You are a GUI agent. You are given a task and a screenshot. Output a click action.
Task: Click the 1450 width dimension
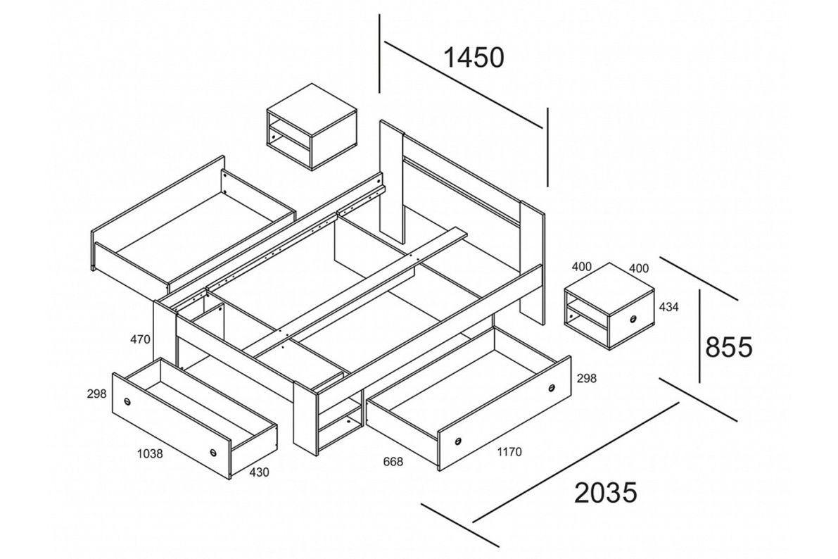coord(474,58)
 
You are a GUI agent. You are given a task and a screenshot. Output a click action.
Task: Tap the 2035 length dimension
coord(606,492)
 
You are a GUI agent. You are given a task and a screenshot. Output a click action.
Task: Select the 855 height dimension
coord(728,347)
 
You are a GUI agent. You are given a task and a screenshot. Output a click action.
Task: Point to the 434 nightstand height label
coord(668,307)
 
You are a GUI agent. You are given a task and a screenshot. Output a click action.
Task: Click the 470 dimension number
coord(140,339)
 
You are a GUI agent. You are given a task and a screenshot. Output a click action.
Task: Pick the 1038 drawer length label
coord(150,454)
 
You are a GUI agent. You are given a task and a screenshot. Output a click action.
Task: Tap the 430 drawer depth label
coord(259,472)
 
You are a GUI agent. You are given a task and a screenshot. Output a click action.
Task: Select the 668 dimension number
coord(393,461)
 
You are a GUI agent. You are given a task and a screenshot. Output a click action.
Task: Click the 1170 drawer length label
coord(509,452)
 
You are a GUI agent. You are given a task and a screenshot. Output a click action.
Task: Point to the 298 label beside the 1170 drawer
coord(587,378)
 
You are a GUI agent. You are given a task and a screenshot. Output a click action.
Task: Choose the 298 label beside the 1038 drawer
coord(96,394)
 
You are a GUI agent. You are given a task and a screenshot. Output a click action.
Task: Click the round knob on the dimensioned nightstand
coord(633,319)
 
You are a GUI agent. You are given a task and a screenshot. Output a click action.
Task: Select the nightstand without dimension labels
coord(311,127)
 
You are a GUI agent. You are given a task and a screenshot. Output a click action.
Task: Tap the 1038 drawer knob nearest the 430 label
coord(214,452)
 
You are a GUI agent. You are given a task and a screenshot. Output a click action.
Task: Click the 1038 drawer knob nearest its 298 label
coord(128,402)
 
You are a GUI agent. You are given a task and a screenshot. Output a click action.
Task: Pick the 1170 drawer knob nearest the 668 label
coord(457,441)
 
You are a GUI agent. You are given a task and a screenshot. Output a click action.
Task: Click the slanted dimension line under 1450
coord(463,86)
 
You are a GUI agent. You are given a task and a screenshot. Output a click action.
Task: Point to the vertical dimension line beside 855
coord(700,337)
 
